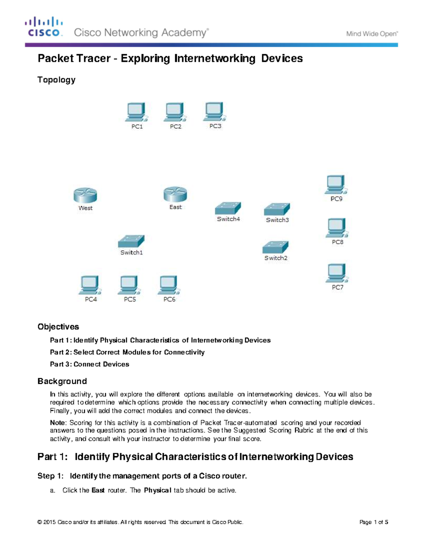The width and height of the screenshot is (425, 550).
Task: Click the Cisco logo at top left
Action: [x=44, y=27]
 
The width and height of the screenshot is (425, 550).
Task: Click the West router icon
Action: [x=85, y=195]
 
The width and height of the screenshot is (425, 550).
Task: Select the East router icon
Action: [x=175, y=194]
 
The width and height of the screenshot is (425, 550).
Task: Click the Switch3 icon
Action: [x=277, y=209]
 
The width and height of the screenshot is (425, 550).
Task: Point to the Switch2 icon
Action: [x=276, y=247]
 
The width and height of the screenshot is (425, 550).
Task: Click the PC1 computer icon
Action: [x=137, y=112]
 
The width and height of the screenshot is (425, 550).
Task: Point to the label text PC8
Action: [x=338, y=242]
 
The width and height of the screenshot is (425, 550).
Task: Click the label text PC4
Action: [x=91, y=300]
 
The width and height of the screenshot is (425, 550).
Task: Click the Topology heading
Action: [x=56, y=80]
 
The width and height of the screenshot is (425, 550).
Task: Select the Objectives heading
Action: [x=58, y=327]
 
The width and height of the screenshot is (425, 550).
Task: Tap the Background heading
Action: [x=62, y=381]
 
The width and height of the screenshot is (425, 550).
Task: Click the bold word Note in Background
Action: [x=57, y=423]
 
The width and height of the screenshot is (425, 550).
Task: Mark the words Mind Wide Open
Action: [x=372, y=34]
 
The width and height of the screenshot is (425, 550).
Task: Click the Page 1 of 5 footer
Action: [x=374, y=522]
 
